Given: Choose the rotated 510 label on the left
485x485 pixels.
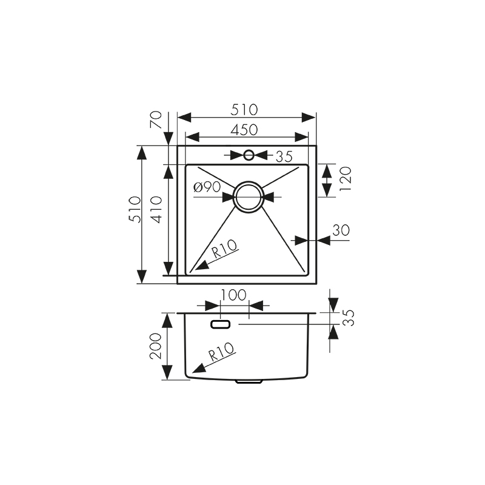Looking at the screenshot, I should (134, 209).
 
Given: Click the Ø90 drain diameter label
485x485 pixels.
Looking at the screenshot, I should (207, 187).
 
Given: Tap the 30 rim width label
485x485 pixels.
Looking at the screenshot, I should (341, 230).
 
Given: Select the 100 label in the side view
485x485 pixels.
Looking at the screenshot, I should (233, 295).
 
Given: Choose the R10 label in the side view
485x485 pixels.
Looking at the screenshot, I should (222, 355).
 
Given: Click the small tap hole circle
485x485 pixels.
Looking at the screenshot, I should (249, 155).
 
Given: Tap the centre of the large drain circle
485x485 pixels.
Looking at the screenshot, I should (249, 197).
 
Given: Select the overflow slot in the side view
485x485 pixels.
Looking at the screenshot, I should (220, 324).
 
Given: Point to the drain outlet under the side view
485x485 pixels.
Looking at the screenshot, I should (249, 382).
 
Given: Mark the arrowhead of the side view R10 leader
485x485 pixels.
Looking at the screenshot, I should (195, 369).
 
